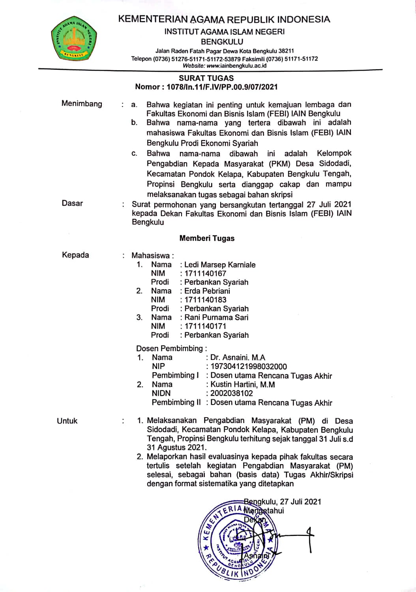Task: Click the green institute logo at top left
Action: click(x=74, y=39)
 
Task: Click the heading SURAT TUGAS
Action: click(x=206, y=78)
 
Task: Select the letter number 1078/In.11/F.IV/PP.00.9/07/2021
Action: click(x=222, y=87)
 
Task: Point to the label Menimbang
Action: click(x=82, y=104)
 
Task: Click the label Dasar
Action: click(x=72, y=203)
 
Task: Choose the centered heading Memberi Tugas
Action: click(x=207, y=238)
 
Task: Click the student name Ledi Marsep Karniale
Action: click(x=220, y=264)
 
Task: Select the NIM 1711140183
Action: click(x=205, y=300)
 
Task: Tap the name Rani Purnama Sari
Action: click(x=216, y=317)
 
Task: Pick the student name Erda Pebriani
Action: click(x=207, y=291)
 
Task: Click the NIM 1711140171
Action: click(x=205, y=326)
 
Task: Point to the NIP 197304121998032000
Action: click(x=249, y=366)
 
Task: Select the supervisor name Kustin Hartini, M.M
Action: click(x=243, y=384)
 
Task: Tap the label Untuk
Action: click(x=67, y=421)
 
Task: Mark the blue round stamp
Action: click(x=237, y=541)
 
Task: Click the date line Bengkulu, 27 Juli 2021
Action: click(x=283, y=501)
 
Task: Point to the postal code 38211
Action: click(x=286, y=51)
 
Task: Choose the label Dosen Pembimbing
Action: click(x=170, y=348)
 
